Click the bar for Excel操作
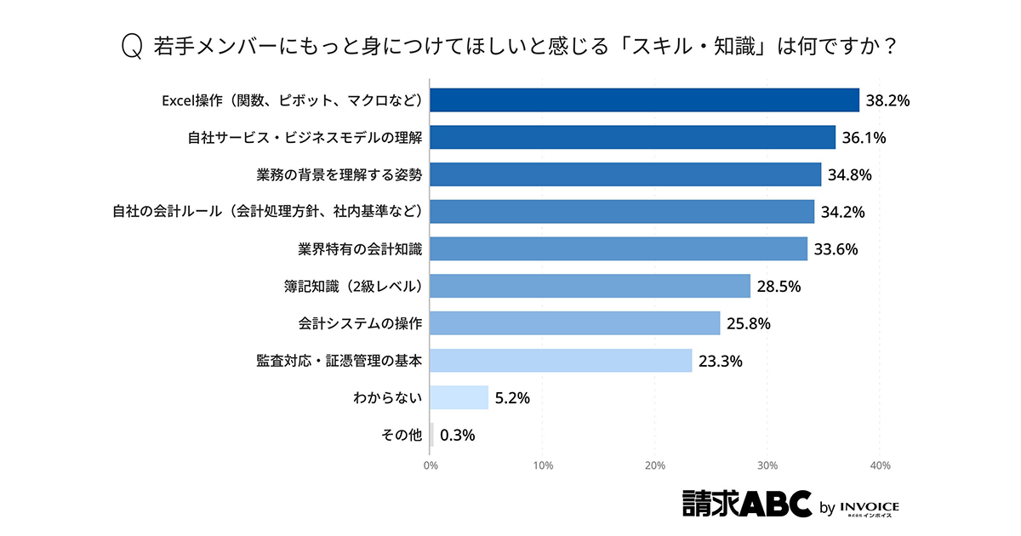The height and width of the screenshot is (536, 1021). click(645, 100)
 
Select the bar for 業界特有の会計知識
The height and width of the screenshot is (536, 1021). click(619, 249)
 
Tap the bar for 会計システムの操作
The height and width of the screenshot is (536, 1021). click(575, 323)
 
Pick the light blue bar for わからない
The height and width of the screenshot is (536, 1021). click(459, 397)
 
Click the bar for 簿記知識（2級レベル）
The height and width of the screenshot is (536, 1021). click(590, 286)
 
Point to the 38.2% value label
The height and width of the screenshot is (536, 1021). click(888, 100)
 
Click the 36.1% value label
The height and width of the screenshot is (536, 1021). click(864, 138)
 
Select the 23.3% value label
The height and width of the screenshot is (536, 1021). click(721, 361)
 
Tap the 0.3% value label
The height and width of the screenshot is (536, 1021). click(458, 435)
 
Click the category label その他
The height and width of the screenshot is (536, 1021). click(402, 435)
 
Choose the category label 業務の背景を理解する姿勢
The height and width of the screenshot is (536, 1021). click(339, 174)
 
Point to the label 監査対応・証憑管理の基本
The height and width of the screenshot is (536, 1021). click(339, 361)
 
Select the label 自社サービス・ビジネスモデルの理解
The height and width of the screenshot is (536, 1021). click(305, 138)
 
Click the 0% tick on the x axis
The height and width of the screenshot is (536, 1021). click(431, 465)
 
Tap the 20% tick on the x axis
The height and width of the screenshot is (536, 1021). click(655, 465)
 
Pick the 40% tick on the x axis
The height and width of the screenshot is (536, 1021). click(880, 465)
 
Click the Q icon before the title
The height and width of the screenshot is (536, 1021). click(132, 47)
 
